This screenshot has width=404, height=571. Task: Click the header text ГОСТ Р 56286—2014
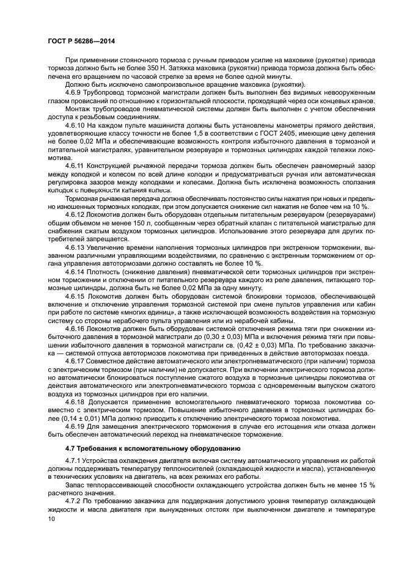[x=81, y=40]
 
